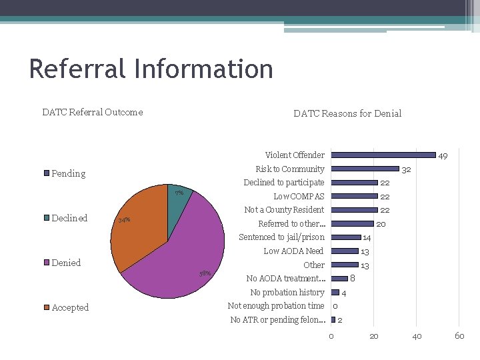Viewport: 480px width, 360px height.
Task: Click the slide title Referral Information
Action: (x=151, y=69)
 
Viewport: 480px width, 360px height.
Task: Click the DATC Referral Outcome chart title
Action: (x=92, y=112)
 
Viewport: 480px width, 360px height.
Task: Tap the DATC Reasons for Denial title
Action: (x=347, y=113)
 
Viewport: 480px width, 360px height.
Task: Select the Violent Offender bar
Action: (x=383, y=155)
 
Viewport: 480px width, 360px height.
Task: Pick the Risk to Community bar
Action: (x=365, y=169)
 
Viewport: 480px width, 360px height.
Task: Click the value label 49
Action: (x=443, y=156)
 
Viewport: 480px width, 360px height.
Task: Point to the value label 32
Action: (x=406, y=170)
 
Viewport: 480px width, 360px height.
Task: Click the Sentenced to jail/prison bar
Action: (x=345, y=237)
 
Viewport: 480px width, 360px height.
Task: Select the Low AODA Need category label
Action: (x=293, y=251)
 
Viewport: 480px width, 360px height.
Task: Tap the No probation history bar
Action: (x=335, y=293)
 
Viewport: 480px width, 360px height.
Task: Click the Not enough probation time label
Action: (x=276, y=306)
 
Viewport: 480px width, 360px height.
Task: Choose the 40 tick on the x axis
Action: (x=417, y=336)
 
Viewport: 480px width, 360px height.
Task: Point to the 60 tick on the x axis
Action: (x=459, y=336)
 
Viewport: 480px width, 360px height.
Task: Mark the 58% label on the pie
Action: (x=205, y=274)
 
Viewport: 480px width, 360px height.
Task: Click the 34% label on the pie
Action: (x=124, y=220)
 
